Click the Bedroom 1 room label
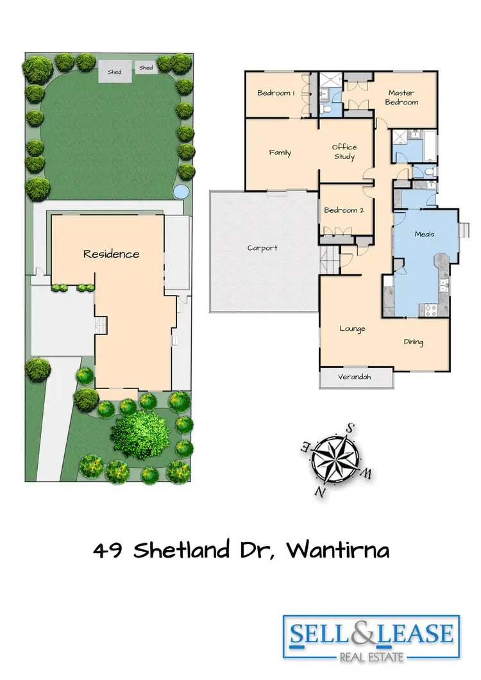pos(276,93)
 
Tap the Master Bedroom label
pos(403,97)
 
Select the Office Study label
pos(344,152)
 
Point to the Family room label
pos(280,153)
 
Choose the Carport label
pos(262,248)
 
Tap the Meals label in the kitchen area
pos(425,234)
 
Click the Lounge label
pos(352,329)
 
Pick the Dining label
pos(414,342)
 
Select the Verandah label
pos(355,377)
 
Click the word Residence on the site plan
pos(111,254)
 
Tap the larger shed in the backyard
pos(115,72)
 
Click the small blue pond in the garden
pos(181,191)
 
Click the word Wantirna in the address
pos(337,551)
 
